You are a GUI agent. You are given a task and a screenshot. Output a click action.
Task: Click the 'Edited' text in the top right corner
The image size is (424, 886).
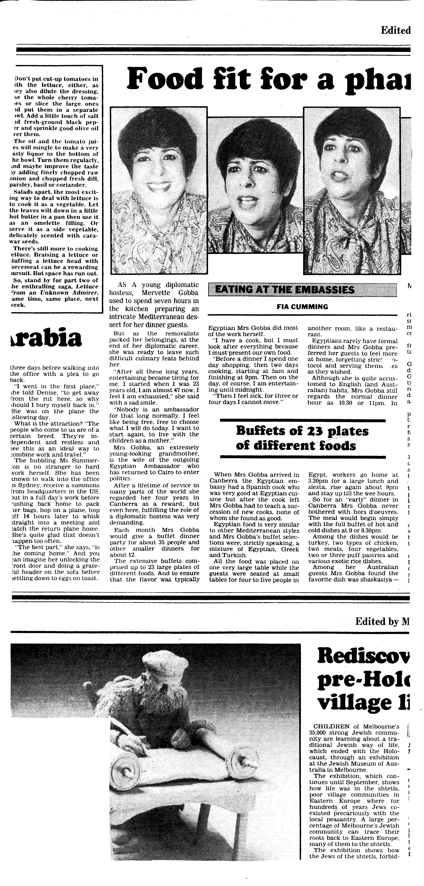(395, 31)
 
